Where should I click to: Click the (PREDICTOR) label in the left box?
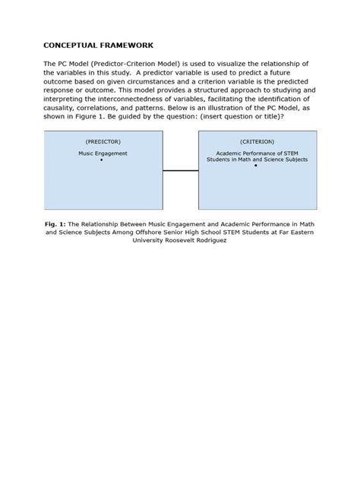click(x=103, y=142)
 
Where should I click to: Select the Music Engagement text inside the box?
click(x=103, y=153)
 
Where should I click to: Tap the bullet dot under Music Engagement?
click(x=101, y=160)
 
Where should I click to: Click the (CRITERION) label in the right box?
click(x=257, y=142)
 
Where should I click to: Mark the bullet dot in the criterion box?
click(x=256, y=166)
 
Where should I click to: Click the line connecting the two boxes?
click(x=181, y=171)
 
